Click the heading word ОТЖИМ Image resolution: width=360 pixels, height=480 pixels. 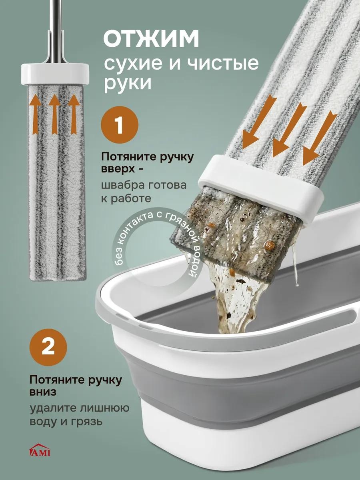click(x=151, y=39)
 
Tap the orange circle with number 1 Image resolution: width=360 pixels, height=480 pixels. click(x=120, y=125)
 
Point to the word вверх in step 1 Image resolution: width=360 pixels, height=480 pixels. click(x=118, y=169)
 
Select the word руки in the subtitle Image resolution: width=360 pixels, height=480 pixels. click(x=128, y=84)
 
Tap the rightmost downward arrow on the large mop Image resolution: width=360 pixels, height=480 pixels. click(x=319, y=138)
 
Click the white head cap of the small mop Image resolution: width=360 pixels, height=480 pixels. click(x=55, y=74)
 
